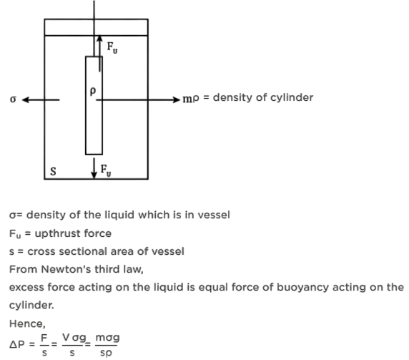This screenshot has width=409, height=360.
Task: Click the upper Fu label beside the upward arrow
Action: (112, 47)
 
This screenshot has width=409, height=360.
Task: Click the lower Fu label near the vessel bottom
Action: (106, 170)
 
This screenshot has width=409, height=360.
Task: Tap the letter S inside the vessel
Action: (53, 171)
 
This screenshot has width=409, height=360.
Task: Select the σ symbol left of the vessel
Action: (13, 99)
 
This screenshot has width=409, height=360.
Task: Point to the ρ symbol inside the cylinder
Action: (93, 92)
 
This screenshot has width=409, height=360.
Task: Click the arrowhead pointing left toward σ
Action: (25, 99)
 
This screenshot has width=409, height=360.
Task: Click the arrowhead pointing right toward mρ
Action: (177, 99)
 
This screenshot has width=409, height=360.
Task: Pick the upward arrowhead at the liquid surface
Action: (99, 38)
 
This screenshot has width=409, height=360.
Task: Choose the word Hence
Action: (27, 323)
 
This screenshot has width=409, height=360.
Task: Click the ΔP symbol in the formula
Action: (17, 344)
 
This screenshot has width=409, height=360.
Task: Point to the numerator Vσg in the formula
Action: (74, 338)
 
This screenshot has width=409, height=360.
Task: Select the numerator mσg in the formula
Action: (107, 338)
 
